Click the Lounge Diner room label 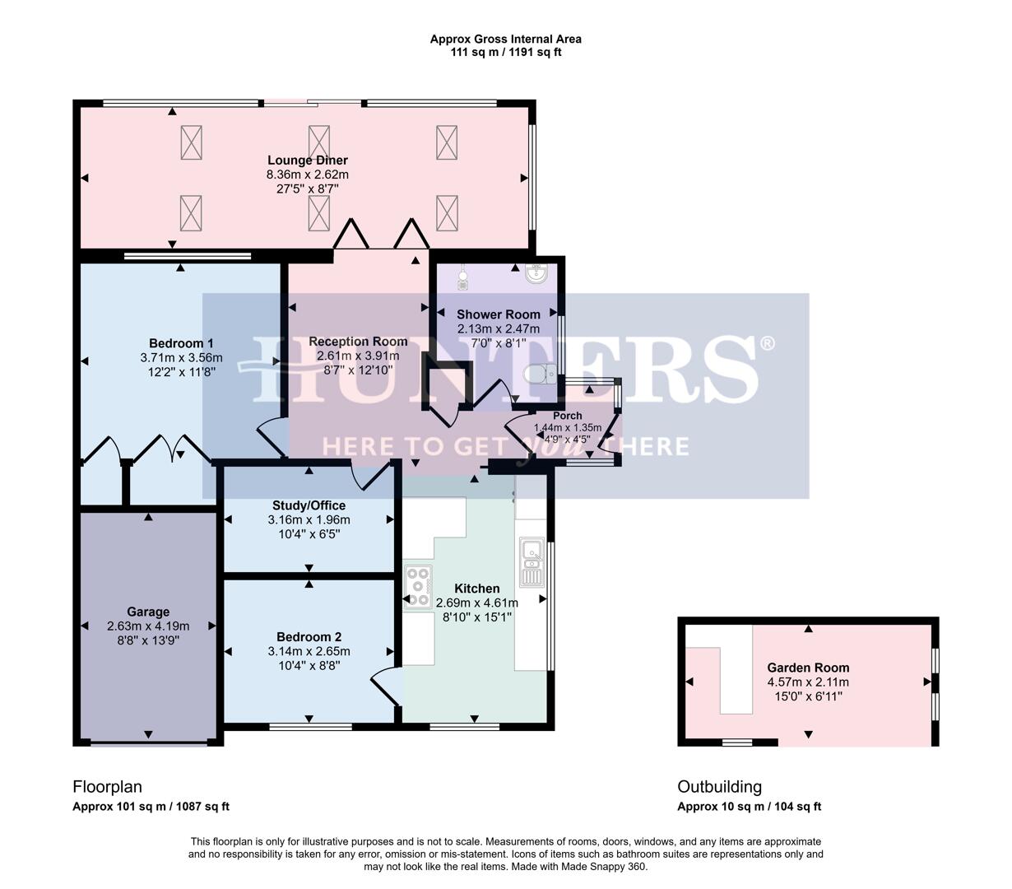tap(307, 161)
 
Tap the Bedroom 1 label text tap(181, 343)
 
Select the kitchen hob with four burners tap(418, 587)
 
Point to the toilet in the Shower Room tap(540, 375)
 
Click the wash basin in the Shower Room tap(537, 274)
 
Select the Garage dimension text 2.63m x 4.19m tap(148, 626)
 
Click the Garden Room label tap(808, 668)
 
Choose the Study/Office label tap(309, 505)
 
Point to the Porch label tap(568, 416)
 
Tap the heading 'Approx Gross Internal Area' tap(505, 39)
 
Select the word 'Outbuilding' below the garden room tap(719, 787)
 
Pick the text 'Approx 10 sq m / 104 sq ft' tap(749, 807)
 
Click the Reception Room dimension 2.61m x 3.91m tap(358, 356)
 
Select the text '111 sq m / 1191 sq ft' tap(505, 53)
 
